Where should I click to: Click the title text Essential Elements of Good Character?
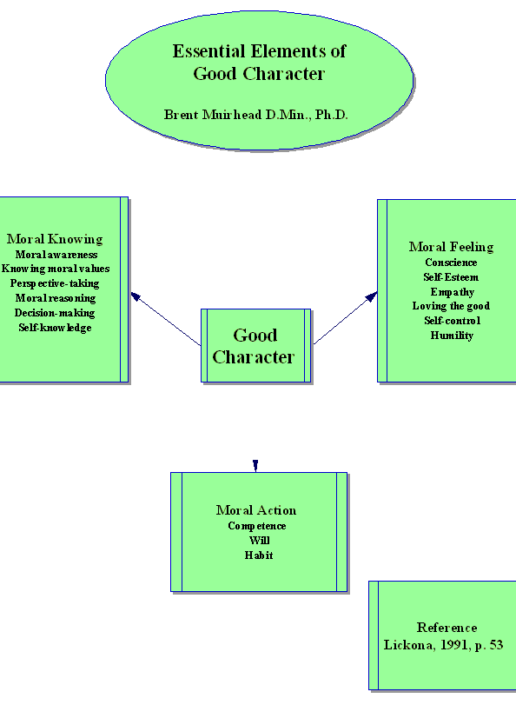(x=259, y=63)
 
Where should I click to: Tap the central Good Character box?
(x=255, y=345)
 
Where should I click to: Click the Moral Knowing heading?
(x=55, y=239)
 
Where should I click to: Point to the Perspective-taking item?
(x=55, y=283)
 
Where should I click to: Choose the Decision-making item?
(x=55, y=313)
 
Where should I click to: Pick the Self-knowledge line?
(x=55, y=328)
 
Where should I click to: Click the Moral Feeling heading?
(x=451, y=247)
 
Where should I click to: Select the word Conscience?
(x=451, y=263)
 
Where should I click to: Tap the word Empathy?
(x=453, y=292)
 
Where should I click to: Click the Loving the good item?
(x=451, y=306)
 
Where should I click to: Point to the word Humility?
(x=452, y=336)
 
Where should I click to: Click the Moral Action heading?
(x=256, y=510)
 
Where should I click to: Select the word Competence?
(x=256, y=526)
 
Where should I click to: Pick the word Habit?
(x=259, y=555)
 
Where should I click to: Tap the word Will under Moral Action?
(x=260, y=541)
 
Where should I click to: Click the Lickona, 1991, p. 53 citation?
(x=443, y=645)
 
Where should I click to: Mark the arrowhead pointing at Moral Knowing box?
(x=136, y=296)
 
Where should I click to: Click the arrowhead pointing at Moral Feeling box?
(x=371, y=296)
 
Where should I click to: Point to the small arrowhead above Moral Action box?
(x=255, y=465)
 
